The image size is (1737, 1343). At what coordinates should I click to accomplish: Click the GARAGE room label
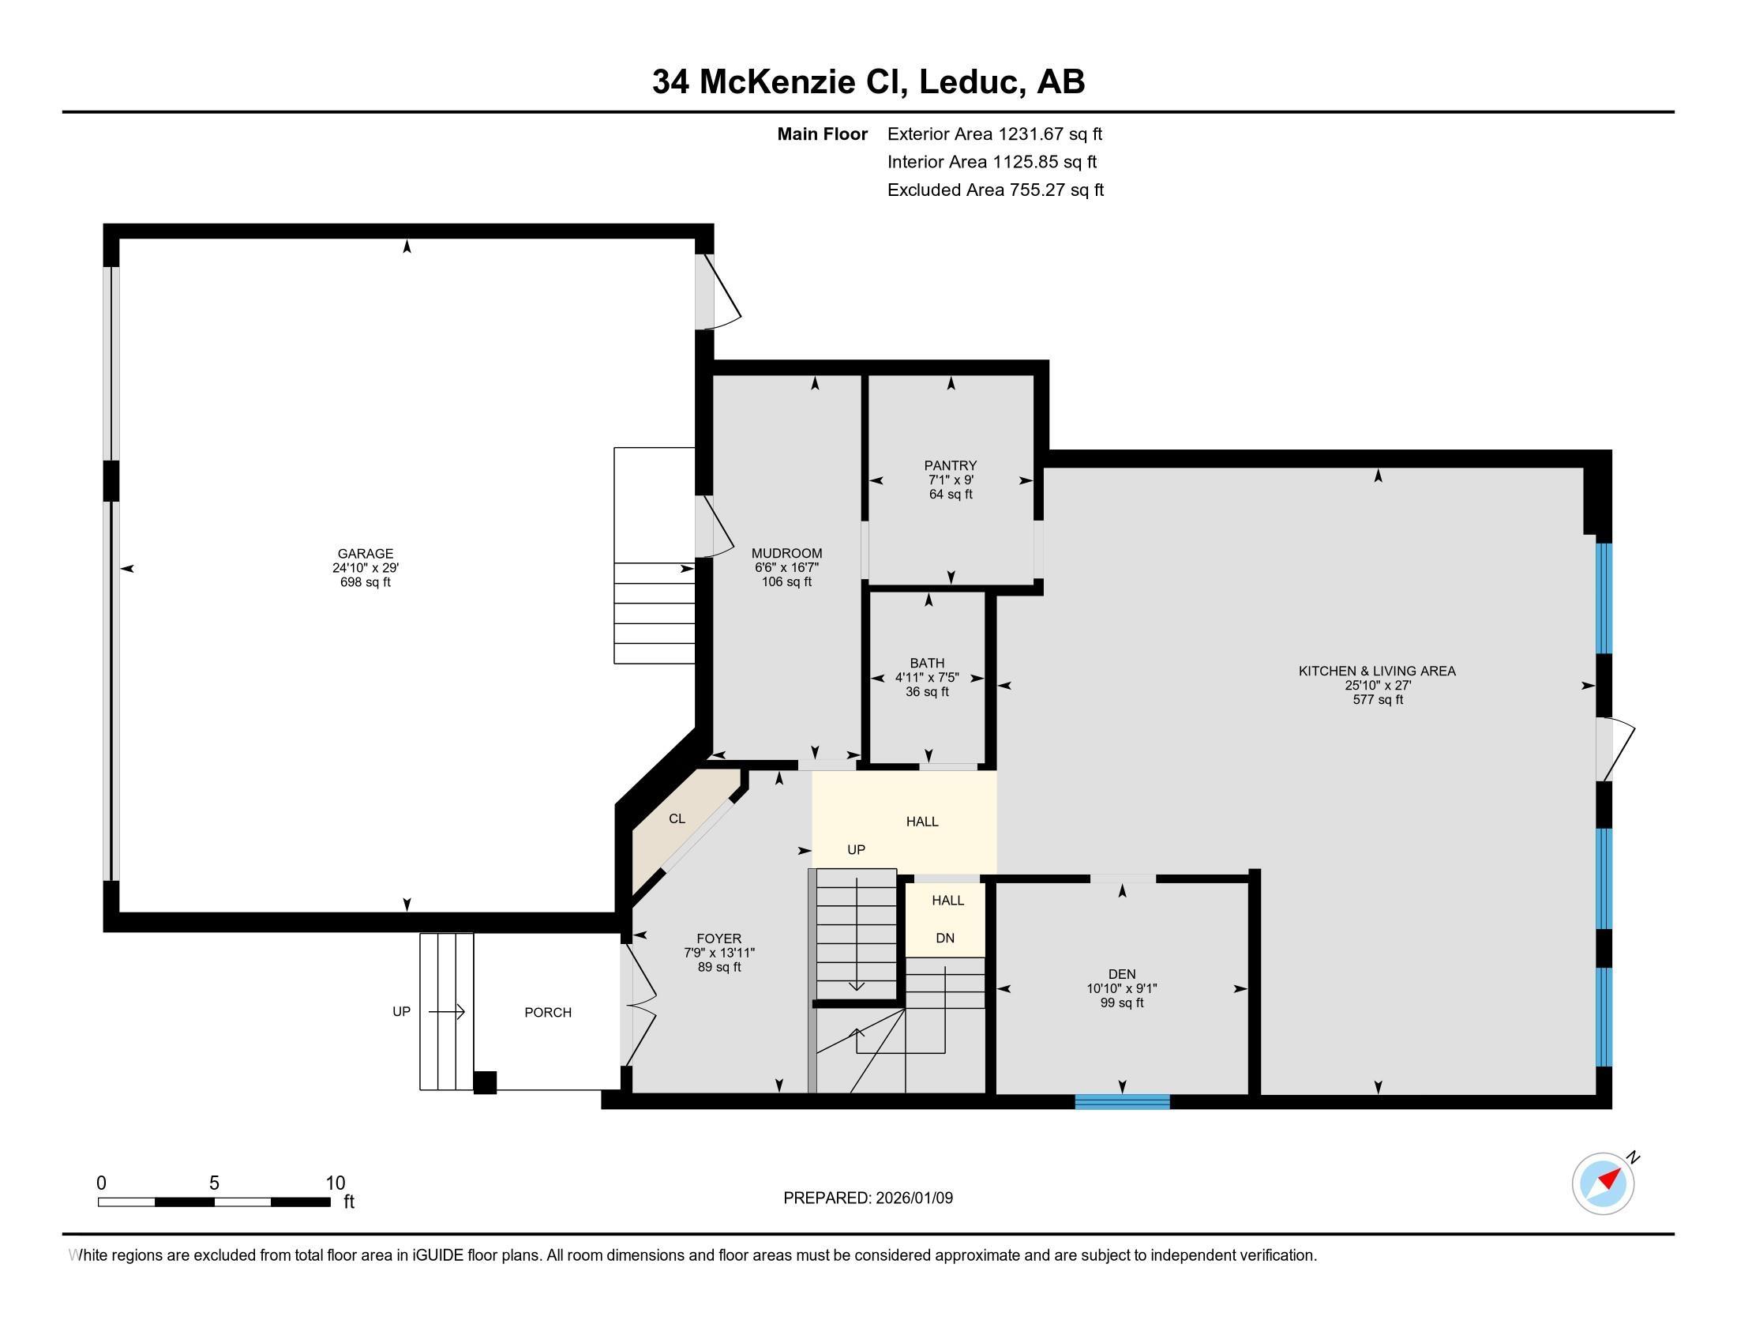tap(365, 554)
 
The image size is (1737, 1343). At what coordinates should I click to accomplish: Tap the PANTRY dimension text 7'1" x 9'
tap(951, 480)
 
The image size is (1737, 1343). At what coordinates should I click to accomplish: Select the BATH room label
tap(927, 663)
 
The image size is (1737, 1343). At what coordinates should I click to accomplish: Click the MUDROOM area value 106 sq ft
tap(786, 581)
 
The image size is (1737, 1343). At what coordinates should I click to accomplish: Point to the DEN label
tap(1121, 974)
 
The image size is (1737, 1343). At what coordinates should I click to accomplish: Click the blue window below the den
tap(1122, 1102)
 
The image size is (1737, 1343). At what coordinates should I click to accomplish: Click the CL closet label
tap(677, 818)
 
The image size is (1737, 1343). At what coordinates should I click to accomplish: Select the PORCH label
tap(548, 1012)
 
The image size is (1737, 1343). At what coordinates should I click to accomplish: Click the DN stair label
tap(945, 938)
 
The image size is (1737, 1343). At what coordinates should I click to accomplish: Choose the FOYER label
tap(719, 939)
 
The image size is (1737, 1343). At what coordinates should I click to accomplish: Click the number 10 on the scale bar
tap(336, 1183)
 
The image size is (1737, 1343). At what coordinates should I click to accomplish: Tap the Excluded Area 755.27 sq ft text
tap(995, 190)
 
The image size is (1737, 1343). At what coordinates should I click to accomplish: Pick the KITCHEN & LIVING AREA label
tap(1377, 671)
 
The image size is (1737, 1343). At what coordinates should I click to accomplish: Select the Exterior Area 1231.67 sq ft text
tap(994, 134)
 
